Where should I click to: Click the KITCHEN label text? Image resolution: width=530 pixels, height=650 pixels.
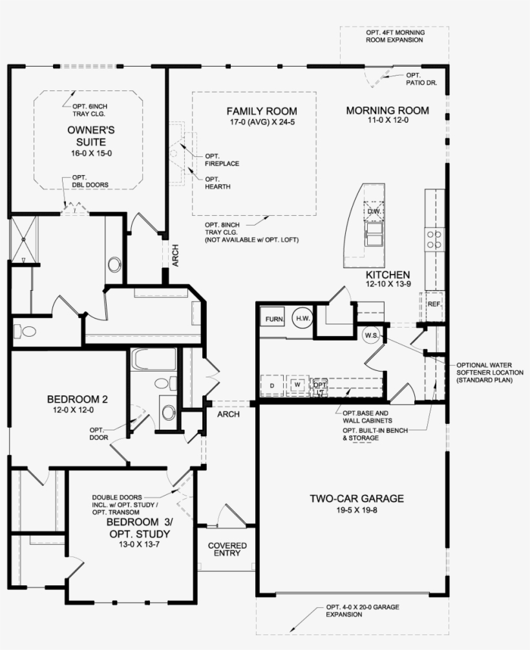(387, 275)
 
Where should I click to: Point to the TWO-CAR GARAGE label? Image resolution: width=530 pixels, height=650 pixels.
(356, 498)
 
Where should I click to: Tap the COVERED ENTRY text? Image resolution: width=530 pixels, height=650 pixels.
(227, 549)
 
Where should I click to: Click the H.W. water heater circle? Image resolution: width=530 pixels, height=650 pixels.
(302, 318)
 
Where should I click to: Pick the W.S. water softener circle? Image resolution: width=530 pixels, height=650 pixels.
(371, 335)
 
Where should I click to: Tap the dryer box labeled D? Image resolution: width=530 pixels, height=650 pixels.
(271, 385)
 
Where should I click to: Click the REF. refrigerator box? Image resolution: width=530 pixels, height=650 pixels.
(433, 302)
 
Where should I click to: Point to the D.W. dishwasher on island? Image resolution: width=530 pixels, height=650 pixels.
(374, 211)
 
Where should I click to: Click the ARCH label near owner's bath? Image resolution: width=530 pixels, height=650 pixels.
(175, 256)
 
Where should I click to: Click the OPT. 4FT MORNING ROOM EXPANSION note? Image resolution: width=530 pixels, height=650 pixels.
(394, 36)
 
